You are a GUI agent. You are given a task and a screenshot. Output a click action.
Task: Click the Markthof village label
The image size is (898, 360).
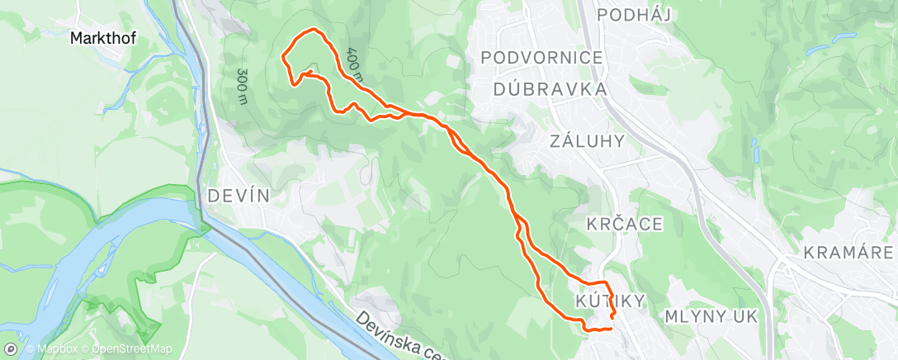point(103,38)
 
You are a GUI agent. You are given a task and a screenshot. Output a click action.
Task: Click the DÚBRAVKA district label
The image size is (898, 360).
point(551,88)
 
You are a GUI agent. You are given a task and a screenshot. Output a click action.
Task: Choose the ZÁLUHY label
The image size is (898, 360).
point(587,141)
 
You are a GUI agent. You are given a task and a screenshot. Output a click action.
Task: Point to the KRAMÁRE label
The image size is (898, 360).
point(848,251)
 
